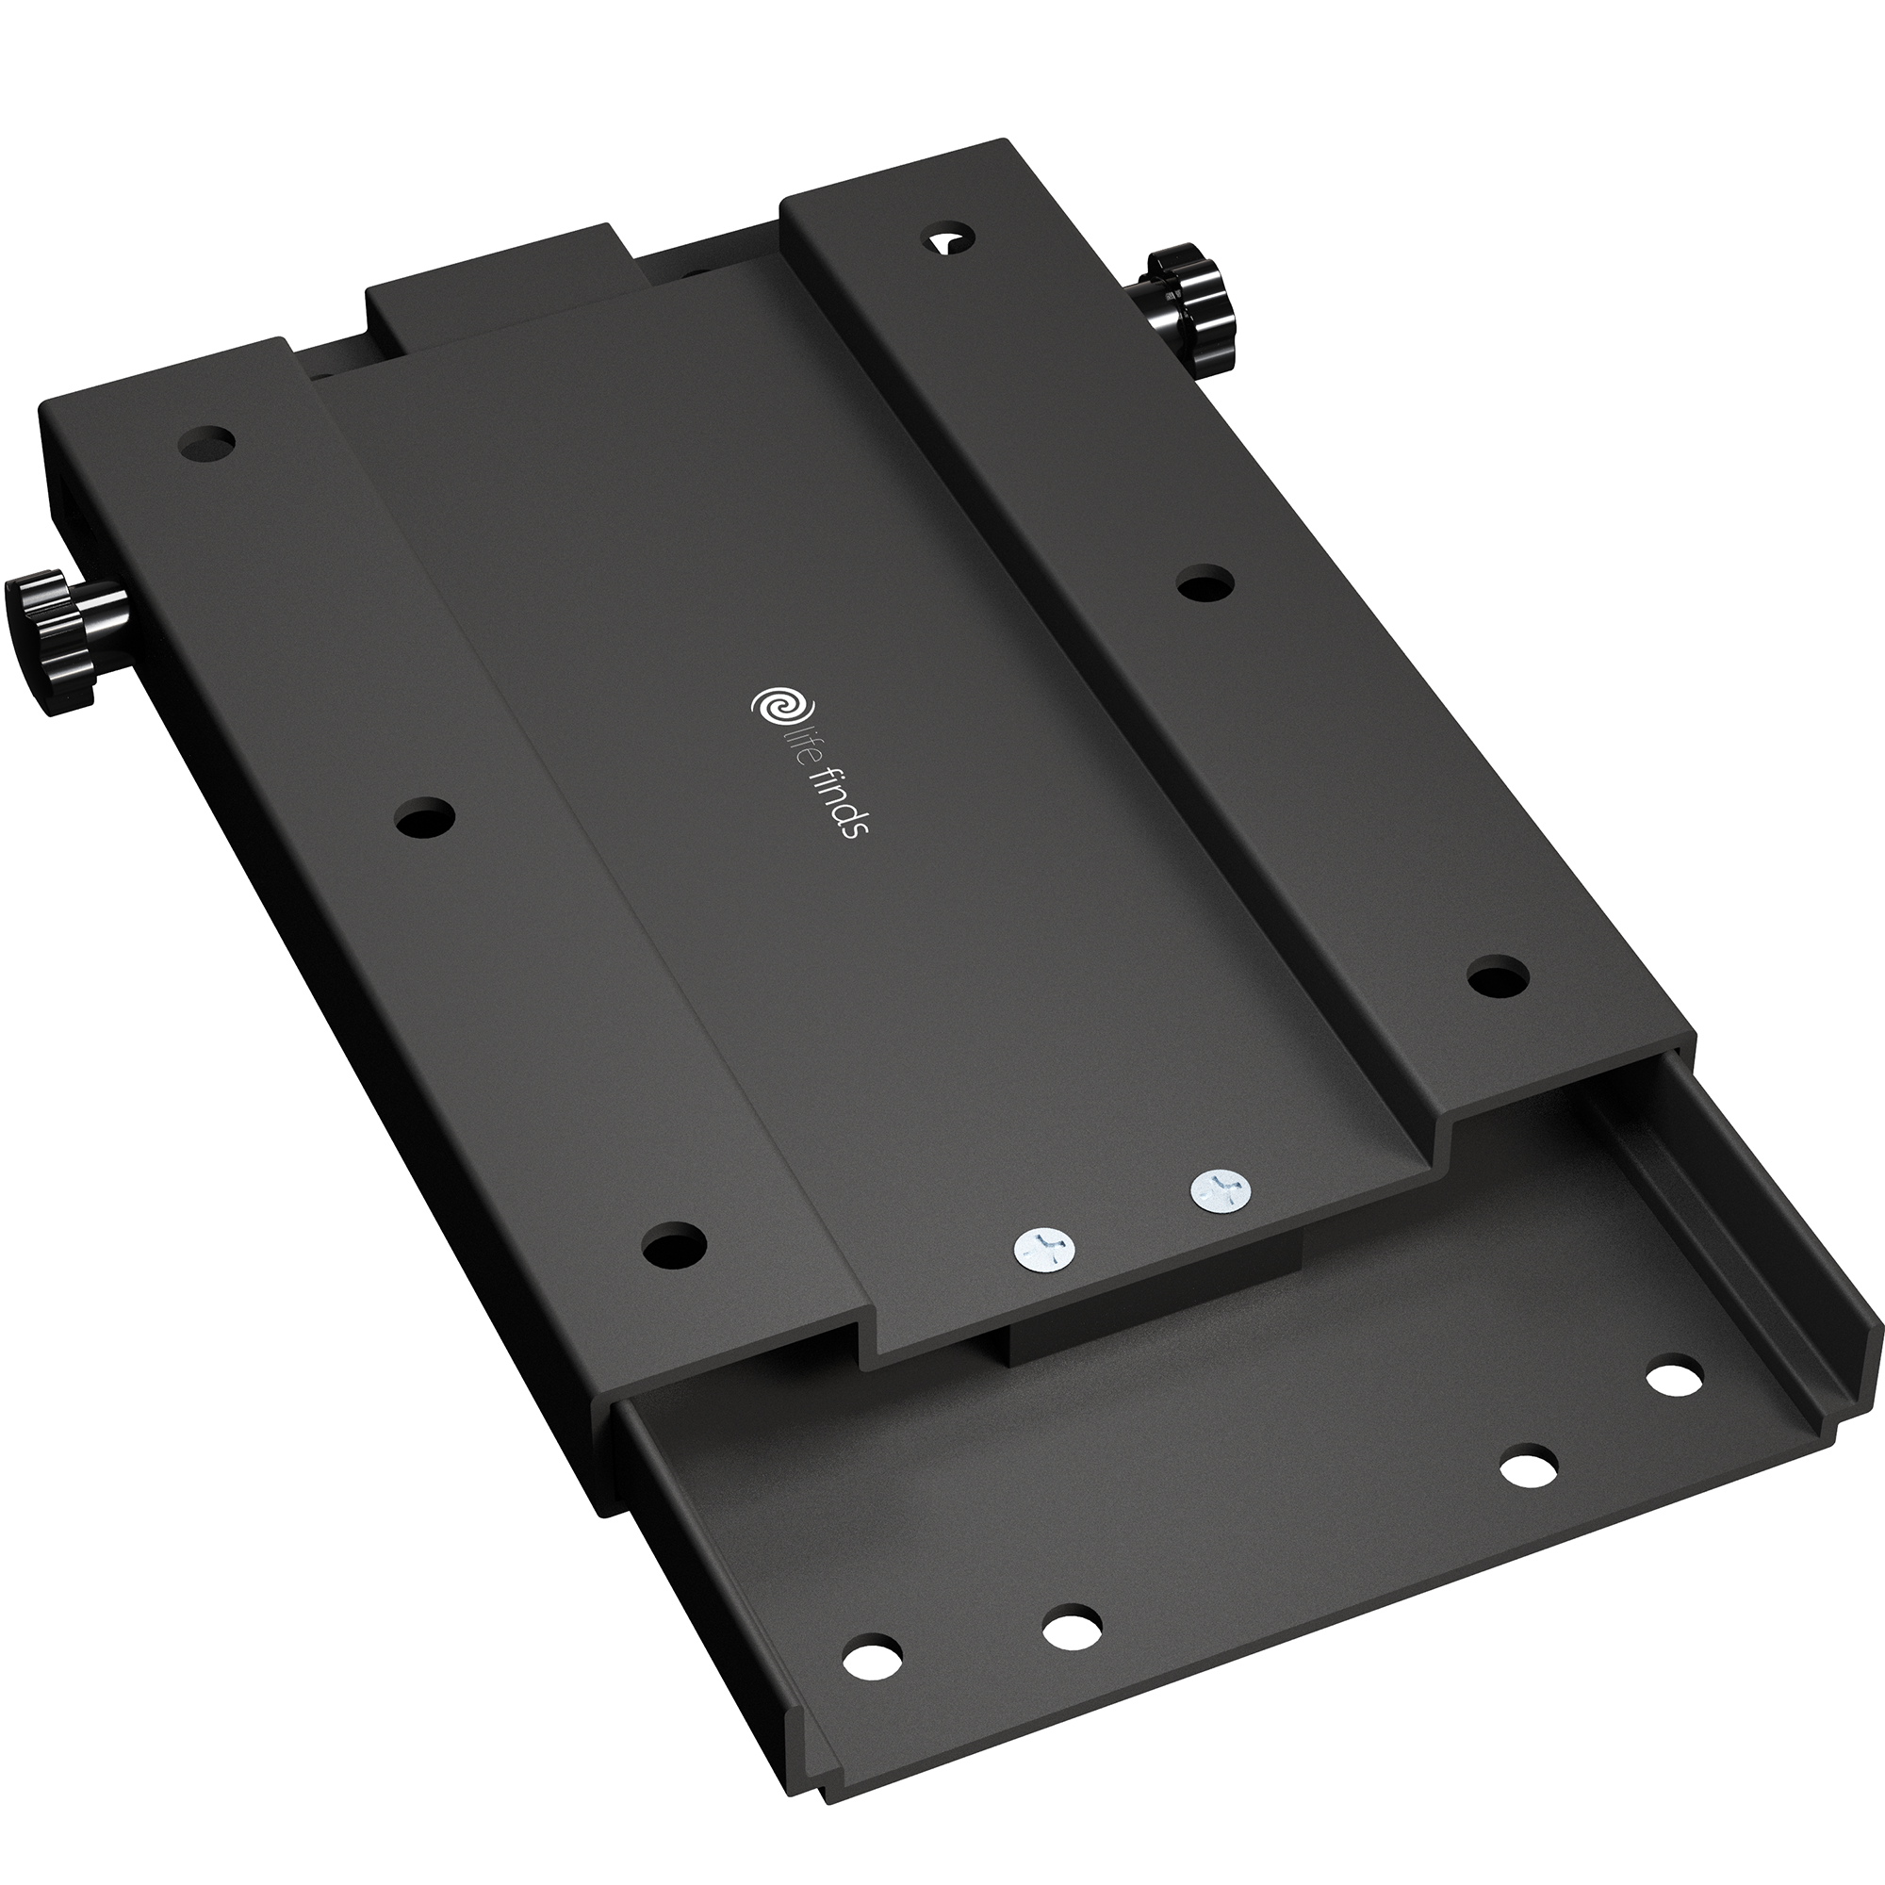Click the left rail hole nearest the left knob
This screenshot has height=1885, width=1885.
pos(207,443)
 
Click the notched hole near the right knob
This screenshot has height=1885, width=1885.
pos(949,240)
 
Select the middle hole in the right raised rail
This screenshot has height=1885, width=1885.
pos(1205,586)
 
